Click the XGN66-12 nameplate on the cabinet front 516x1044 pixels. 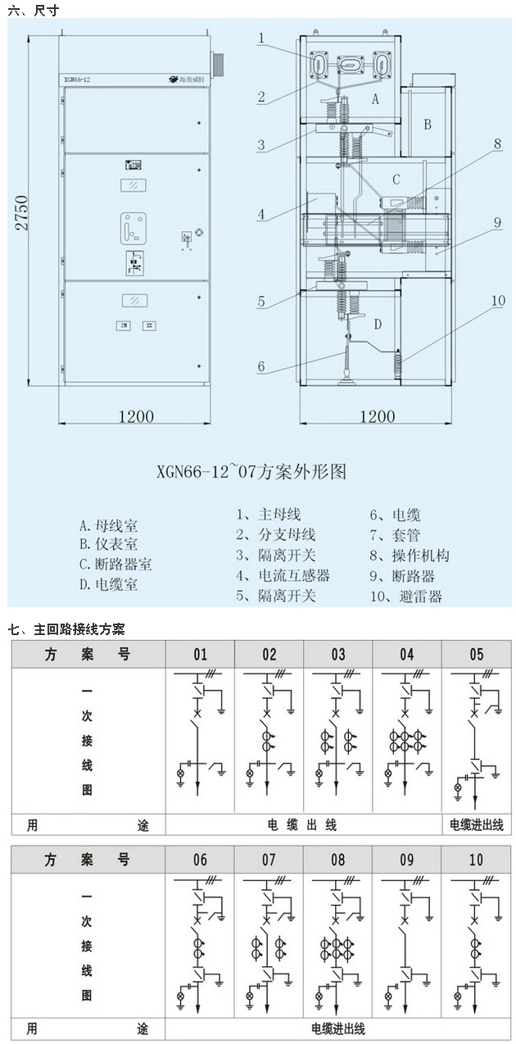(79, 79)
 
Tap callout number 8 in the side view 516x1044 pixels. (496, 143)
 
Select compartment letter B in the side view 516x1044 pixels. (427, 125)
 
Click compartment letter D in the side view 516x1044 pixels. (378, 325)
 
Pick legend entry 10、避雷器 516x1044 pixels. (405, 596)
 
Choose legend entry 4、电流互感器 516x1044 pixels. (283, 575)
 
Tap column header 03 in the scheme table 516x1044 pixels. (338, 655)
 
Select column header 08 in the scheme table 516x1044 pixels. (338, 860)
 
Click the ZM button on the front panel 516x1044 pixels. (124, 325)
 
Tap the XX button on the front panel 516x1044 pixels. (149, 325)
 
